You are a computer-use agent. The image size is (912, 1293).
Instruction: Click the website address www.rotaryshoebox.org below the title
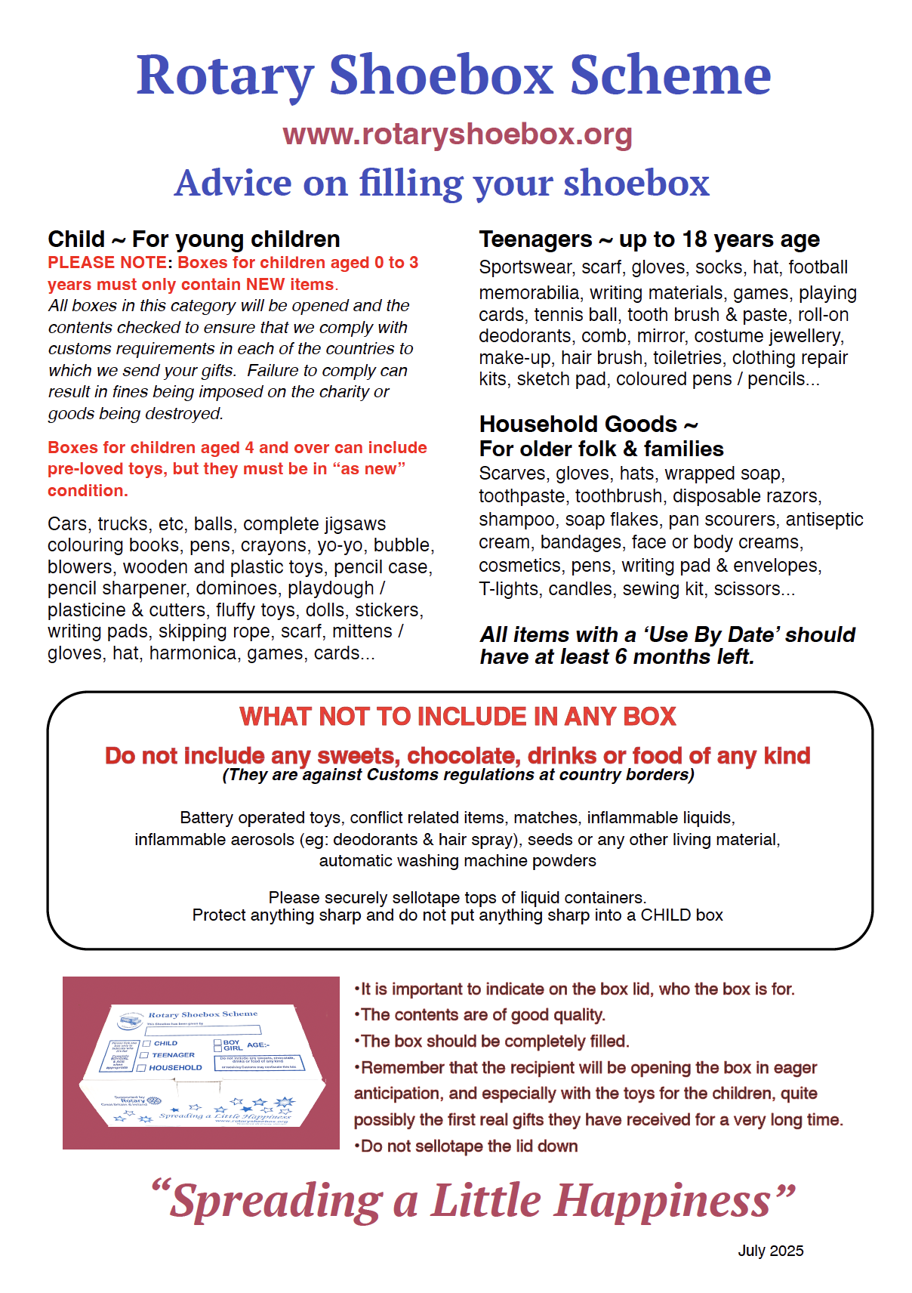click(x=457, y=134)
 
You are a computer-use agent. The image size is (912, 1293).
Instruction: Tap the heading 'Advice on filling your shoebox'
click(x=442, y=183)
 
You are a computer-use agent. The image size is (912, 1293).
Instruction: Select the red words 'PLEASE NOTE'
click(x=107, y=263)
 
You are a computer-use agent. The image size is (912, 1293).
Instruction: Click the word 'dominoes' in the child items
click(x=237, y=588)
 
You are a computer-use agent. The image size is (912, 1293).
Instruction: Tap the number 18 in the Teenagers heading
click(x=695, y=239)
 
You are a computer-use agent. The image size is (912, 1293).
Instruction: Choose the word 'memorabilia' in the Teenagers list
click(x=529, y=293)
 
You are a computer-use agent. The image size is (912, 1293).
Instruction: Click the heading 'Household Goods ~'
click(x=588, y=424)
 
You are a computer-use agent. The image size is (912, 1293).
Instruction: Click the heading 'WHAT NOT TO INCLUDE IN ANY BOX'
click(x=458, y=716)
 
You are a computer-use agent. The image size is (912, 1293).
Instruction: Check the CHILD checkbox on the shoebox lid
click(x=147, y=1043)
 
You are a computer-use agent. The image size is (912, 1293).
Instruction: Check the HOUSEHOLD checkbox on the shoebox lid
click(x=141, y=1068)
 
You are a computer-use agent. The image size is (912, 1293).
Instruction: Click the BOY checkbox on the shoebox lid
click(x=217, y=1042)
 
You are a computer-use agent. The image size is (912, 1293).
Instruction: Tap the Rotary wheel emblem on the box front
click(x=154, y=1101)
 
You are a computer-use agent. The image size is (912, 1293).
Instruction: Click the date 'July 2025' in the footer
click(x=770, y=1251)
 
